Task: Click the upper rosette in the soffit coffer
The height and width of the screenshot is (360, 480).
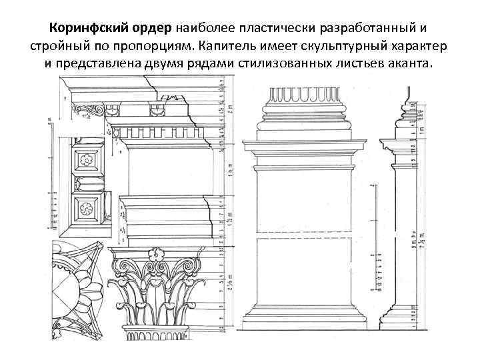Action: pos(85,160)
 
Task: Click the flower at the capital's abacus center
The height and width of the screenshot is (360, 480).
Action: pos(159,254)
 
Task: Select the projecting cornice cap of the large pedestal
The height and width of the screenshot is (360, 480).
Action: pos(304,143)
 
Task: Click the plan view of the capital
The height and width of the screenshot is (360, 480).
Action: pos(76,287)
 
